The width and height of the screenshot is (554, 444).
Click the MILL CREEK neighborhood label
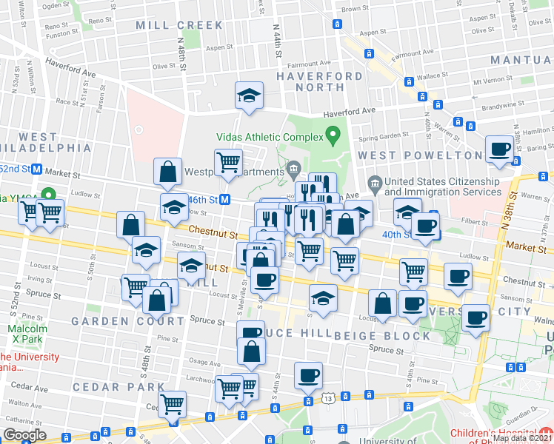coord(179,25)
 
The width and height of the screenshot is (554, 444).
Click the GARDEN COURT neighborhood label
coord(128,321)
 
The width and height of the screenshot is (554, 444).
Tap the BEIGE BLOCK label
coord(382,336)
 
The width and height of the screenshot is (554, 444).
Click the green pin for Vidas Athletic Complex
coord(333,135)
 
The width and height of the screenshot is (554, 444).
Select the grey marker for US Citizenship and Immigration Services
coord(375,182)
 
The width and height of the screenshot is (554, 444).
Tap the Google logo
coord(24,435)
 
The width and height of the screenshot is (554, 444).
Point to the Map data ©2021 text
coord(522,438)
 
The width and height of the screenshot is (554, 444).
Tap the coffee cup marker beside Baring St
coord(498,149)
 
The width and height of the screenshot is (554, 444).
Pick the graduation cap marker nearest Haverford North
coord(249,95)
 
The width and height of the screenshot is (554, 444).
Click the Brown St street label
coord(356,9)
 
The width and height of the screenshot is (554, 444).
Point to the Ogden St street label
coord(56,5)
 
